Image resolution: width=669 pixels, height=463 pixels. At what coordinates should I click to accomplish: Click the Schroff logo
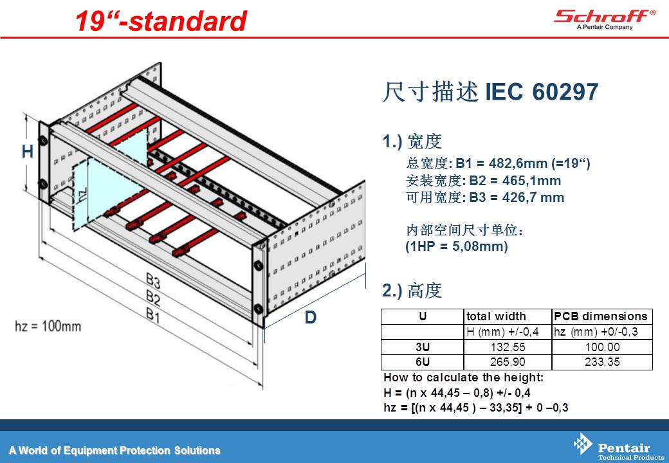(x=605, y=19)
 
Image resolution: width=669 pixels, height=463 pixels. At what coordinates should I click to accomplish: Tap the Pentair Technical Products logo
(x=618, y=447)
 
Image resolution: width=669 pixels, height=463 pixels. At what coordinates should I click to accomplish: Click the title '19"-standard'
(x=161, y=21)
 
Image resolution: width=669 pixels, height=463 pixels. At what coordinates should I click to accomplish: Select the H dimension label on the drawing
(x=27, y=151)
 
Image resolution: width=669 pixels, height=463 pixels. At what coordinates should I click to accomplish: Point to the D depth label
(x=311, y=317)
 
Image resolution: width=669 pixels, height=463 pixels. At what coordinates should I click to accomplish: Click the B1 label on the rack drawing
(x=152, y=315)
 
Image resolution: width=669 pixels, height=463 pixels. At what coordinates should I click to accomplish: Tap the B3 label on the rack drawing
(x=152, y=281)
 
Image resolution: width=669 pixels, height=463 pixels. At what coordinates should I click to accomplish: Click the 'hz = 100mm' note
(x=48, y=326)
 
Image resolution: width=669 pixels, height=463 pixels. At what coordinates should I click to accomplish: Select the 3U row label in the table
(x=423, y=347)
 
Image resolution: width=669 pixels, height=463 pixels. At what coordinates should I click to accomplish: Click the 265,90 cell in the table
(x=508, y=362)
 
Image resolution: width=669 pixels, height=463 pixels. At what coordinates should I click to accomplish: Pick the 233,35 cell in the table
(x=602, y=362)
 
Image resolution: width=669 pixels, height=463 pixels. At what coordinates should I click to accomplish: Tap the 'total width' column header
(x=496, y=316)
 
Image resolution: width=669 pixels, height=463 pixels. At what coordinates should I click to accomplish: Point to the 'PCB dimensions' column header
(x=601, y=316)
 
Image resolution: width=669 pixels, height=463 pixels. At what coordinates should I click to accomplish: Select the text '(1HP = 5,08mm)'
(x=457, y=246)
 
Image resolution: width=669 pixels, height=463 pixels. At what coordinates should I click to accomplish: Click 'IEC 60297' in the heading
(x=542, y=91)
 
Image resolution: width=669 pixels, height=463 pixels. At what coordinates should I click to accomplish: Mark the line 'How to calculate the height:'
(x=463, y=377)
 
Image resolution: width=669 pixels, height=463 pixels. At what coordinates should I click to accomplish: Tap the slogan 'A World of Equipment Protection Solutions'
(x=115, y=450)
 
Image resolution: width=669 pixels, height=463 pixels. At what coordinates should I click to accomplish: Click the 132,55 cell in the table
(x=508, y=347)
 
